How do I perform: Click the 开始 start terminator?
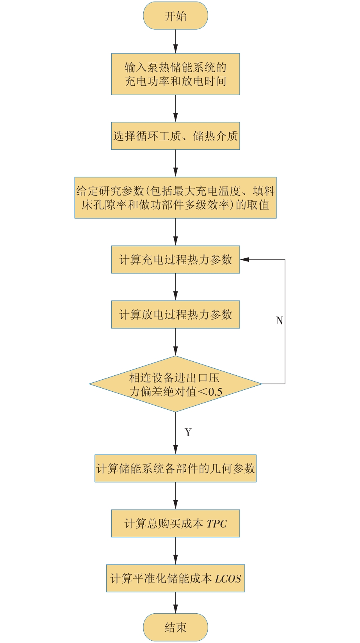click(175, 16)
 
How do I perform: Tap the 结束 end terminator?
click(175, 627)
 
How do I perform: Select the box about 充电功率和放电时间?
click(175, 74)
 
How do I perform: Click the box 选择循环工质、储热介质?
click(175, 136)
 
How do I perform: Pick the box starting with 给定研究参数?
click(175, 198)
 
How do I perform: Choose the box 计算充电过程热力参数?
click(175, 259)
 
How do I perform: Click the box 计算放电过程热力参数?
click(175, 314)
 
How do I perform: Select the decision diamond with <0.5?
click(175, 384)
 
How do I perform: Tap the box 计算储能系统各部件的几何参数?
click(175, 469)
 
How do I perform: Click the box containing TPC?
click(175, 524)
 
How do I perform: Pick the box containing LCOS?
click(175, 578)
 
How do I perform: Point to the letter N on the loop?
click(279, 321)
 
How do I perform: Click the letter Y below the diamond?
click(188, 432)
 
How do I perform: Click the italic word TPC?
click(217, 524)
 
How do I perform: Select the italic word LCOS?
click(228, 579)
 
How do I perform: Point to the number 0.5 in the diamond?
click(215, 392)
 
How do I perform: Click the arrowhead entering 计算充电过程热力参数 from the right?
click(244, 259)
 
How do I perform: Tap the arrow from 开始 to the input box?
click(175, 41)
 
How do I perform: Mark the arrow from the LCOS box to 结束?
click(175, 603)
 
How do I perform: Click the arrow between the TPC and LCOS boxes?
click(175, 551)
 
